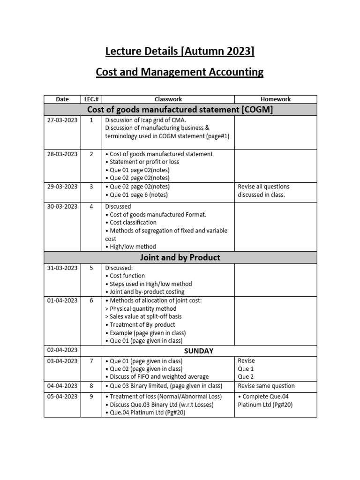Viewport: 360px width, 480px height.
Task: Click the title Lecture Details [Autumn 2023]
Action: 180,51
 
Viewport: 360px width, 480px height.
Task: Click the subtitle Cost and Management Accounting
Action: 180,72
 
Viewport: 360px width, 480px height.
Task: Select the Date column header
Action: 62,99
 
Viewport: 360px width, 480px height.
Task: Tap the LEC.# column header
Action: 91,99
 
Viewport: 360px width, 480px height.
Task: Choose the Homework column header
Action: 275,99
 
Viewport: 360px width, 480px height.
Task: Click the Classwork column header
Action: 168,99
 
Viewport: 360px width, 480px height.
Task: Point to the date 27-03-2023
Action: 62,120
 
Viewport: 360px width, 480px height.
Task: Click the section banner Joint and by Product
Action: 180,257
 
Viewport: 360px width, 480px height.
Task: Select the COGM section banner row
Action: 180,110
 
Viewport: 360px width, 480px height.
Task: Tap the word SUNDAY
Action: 199,351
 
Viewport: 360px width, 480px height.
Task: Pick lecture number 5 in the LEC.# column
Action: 91,268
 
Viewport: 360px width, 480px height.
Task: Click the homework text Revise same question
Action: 266,386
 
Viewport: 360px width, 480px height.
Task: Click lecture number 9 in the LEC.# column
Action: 91,397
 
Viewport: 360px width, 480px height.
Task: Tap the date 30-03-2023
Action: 62,206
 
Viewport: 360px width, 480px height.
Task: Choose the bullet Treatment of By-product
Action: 140,325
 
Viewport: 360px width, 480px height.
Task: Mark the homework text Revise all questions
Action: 263,187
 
